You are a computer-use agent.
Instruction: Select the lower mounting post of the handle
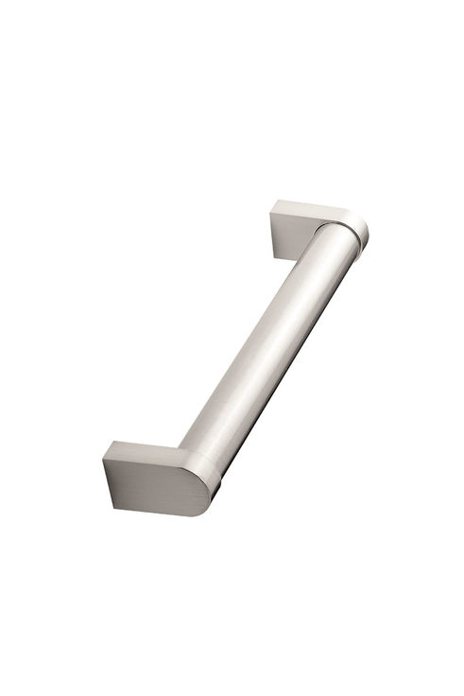click(156, 478)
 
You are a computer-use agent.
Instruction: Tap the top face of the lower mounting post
click(142, 452)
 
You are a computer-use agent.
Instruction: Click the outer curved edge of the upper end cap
click(367, 232)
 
